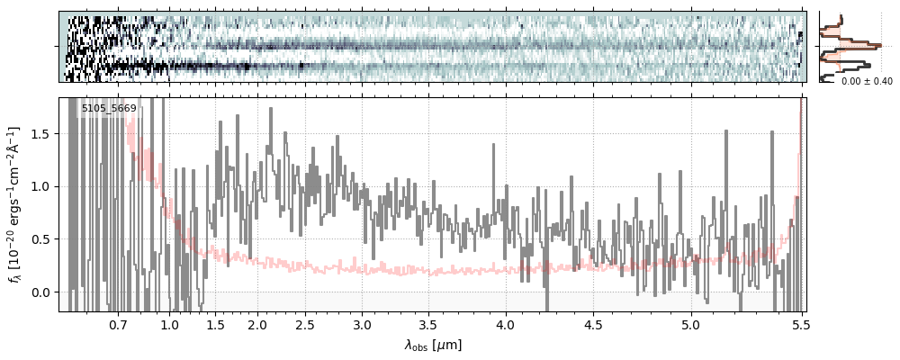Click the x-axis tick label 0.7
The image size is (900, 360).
[118, 324]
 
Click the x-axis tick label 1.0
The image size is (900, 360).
[170, 324]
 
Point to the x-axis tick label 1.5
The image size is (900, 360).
[216, 324]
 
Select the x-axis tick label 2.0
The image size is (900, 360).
[257, 324]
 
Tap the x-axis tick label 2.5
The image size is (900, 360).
[305, 324]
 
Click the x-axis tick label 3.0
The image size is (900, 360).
[362, 324]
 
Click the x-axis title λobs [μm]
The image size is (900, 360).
[433, 345]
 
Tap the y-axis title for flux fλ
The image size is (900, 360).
[15, 204]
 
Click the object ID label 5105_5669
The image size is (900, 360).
[109, 109]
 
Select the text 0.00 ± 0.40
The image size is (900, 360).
[866, 82]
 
